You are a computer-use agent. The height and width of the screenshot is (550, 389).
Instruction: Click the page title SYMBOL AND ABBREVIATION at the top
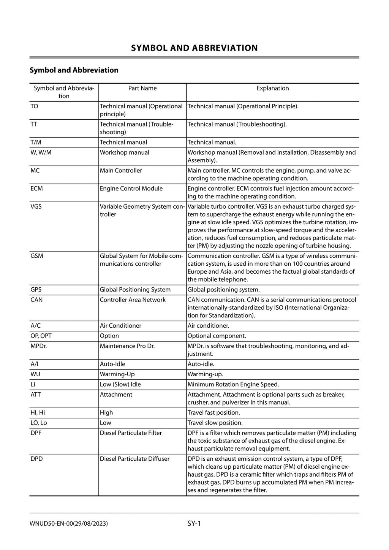[x=194, y=48]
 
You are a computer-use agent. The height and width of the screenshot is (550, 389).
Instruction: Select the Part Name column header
[x=142, y=88]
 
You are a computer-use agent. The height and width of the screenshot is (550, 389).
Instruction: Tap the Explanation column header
[x=272, y=88]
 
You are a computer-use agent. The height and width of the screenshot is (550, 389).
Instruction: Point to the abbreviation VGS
[x=36, y=206]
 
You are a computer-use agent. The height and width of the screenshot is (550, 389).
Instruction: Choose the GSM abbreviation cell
[x=37, y=256]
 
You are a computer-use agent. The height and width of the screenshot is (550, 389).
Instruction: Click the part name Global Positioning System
[x=135, y=290]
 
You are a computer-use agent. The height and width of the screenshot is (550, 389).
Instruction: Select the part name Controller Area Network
[x=133, y=300]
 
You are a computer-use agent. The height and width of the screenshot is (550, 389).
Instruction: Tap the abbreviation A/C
[x=36, y=326]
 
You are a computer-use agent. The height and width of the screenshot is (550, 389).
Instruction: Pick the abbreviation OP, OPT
[x=41, y=336]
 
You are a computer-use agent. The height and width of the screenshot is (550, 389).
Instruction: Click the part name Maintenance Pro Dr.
[x=127, y=346]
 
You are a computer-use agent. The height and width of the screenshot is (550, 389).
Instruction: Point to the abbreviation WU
[x=35, y=374]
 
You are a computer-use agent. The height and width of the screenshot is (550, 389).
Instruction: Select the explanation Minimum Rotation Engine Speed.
[x=233, y=385]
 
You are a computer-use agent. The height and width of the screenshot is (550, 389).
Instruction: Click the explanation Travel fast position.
[x=213, y=413]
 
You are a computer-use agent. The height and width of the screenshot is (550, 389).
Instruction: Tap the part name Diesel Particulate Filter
[x=131, y=433]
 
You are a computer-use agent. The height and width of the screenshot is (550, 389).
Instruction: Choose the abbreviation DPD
[x=36, y=459]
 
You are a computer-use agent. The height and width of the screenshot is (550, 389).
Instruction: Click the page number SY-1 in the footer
[x=194, y=524]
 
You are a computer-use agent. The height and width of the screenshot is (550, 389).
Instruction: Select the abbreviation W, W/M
[x=41, y=152]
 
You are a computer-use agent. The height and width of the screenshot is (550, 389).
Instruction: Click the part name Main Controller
[x=121, y=171]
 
